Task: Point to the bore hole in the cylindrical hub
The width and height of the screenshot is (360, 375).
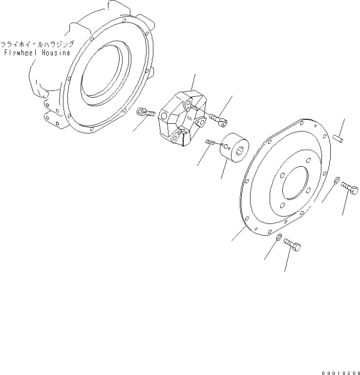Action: click(238, 155)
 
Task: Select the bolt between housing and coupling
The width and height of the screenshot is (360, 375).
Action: click(146, 113)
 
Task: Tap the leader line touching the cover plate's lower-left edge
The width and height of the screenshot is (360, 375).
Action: click(238, 233)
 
